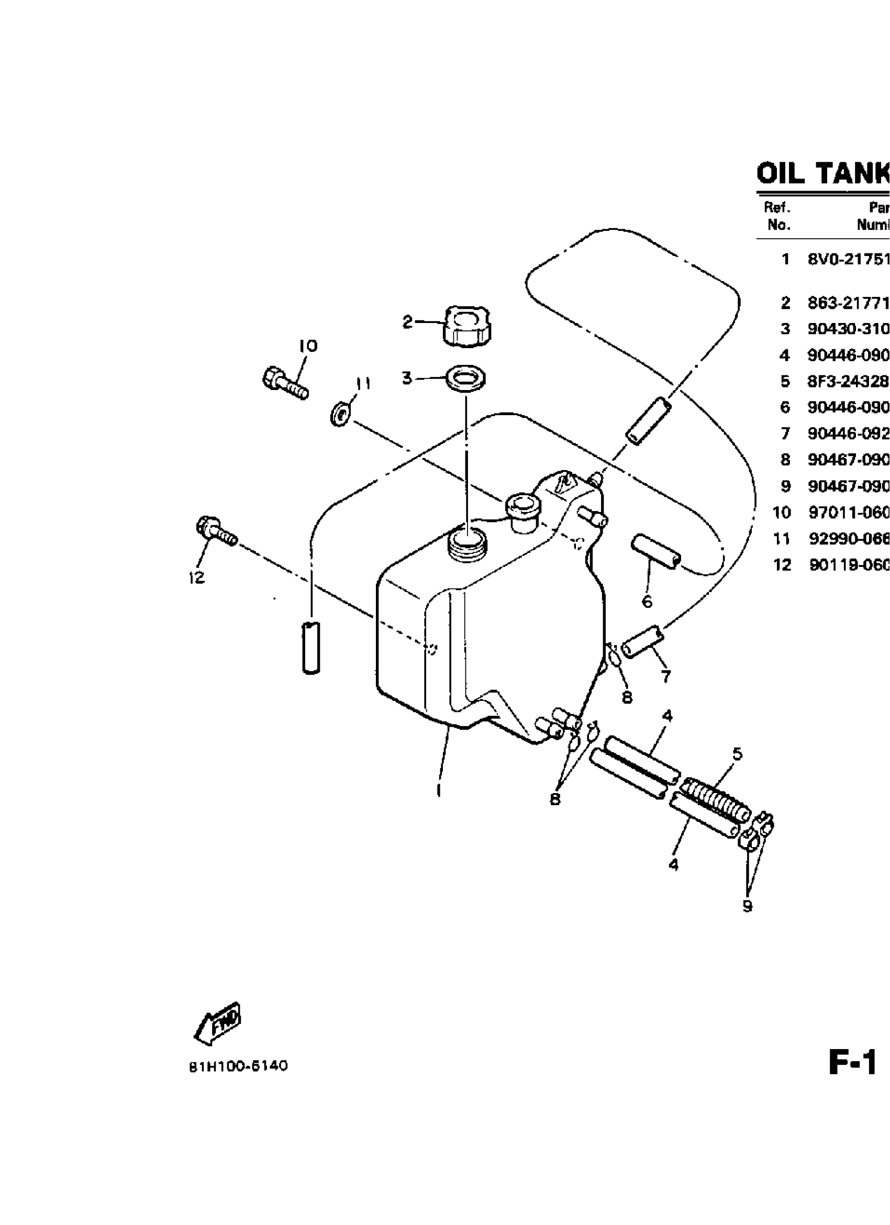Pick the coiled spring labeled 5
[x=716, y=806]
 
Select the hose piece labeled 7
[x=642, y=641]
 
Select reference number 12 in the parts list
[x=782, y=565]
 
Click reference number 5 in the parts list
[x=785, y=382]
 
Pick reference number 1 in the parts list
[x=785, y=259]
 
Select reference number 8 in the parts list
[x=785, y=460]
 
